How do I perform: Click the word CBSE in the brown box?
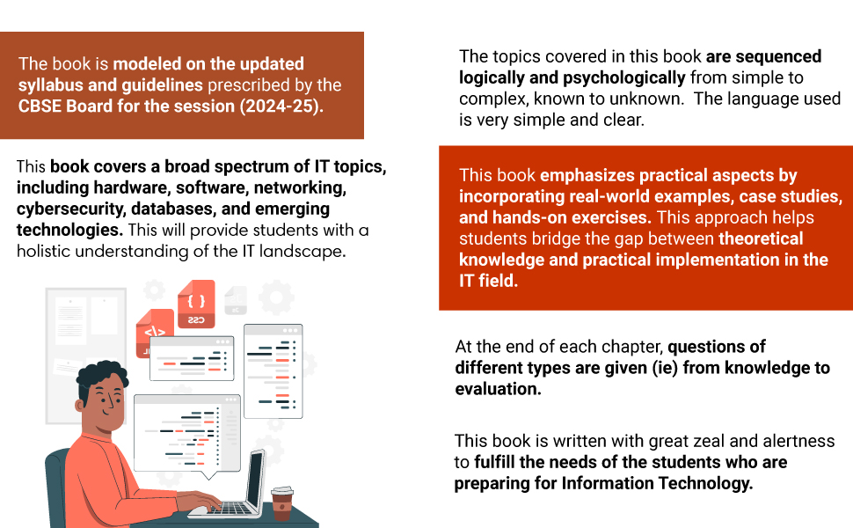42,106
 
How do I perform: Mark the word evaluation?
498,389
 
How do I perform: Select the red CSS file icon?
196,304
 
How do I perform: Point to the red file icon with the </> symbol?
155,334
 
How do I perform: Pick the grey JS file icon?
235,299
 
